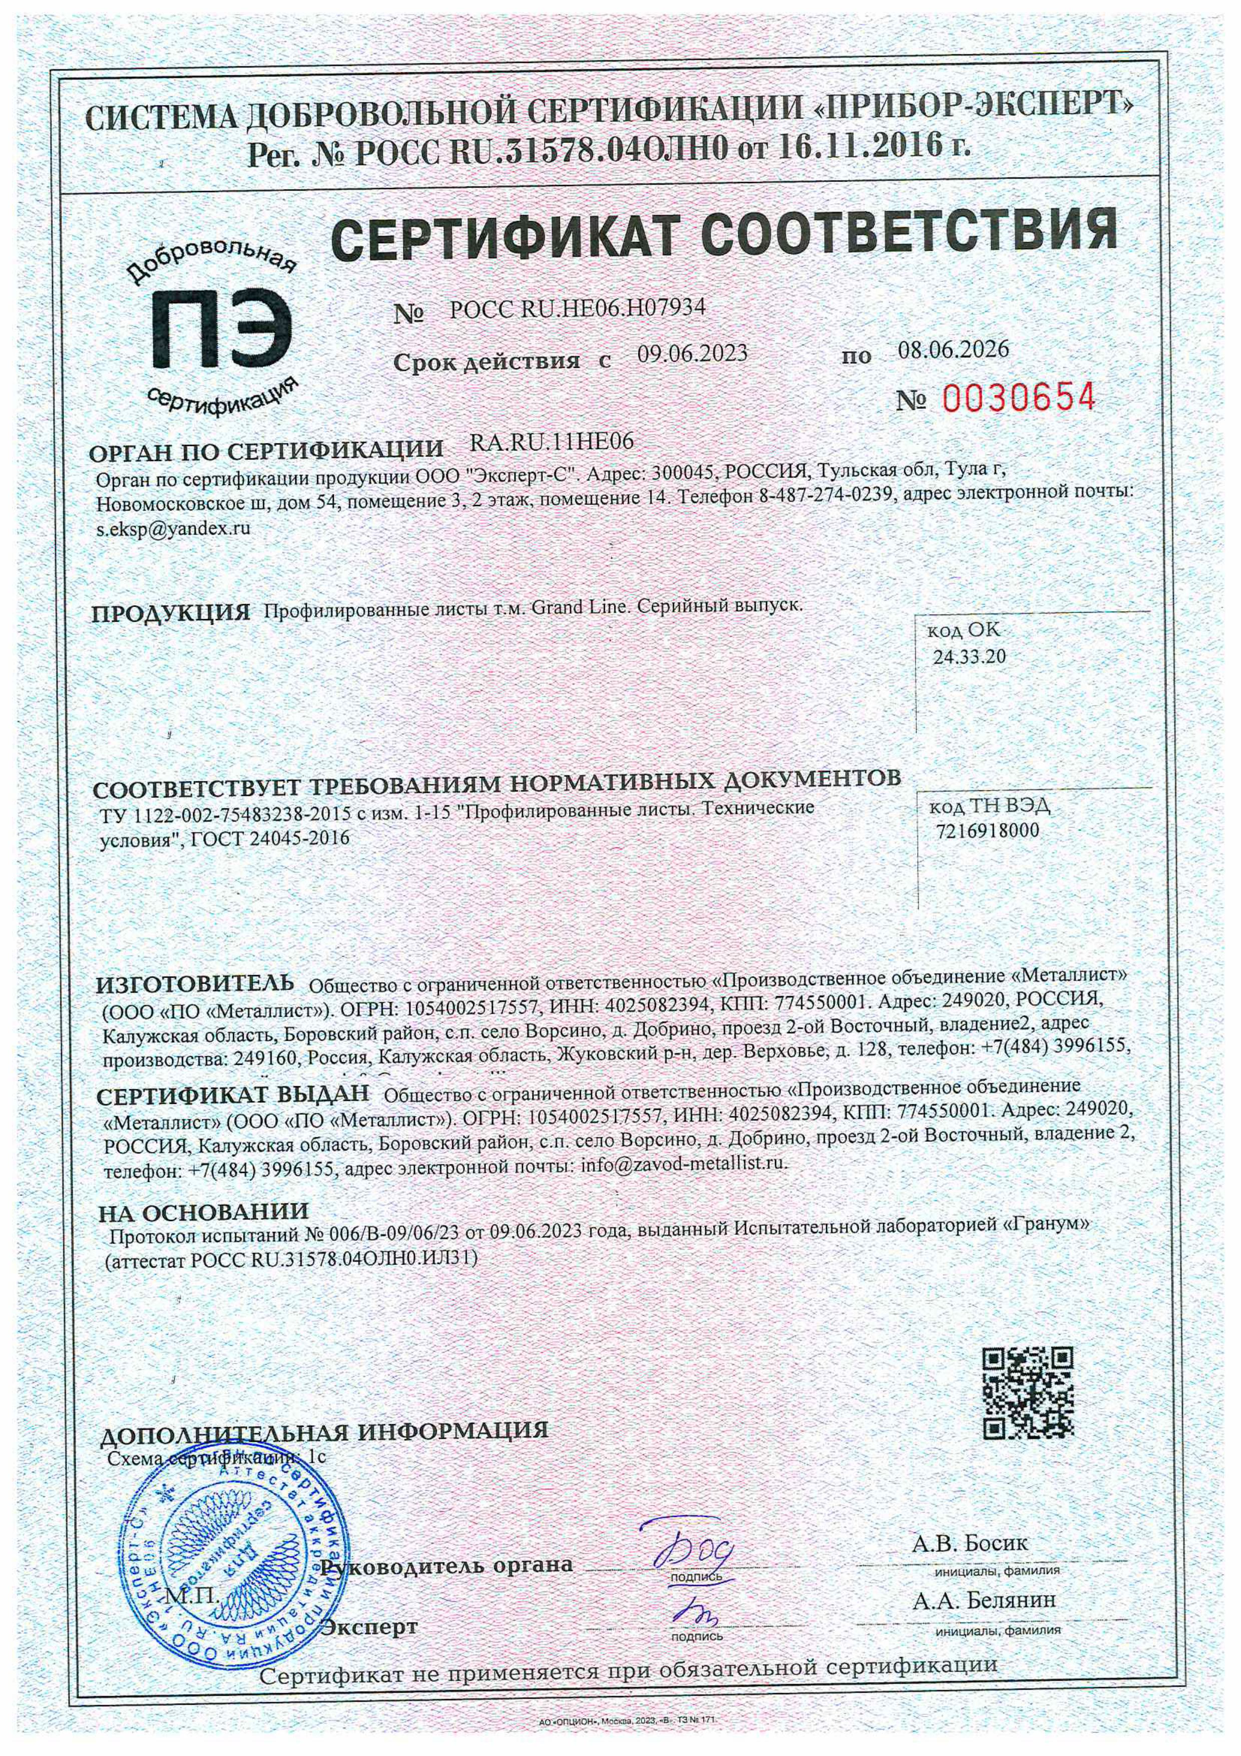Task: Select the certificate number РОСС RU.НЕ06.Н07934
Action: pyautogui.click(x=577, y=308)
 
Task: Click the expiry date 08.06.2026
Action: pyautogui.click(x=953, y=349)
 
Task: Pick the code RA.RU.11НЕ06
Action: pyautogui.click(x=551, y=442)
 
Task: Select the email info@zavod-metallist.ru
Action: pyautogui.click(x=684, y=1165)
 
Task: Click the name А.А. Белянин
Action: pyautogui.click(x=983, y=1599)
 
